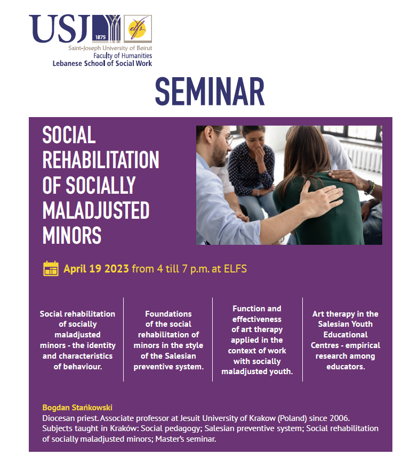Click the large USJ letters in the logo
click(60, 29)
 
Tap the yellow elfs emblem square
click(138, 29)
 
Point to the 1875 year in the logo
click(101, 37)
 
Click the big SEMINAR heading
click(210, 92)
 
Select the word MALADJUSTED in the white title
click(96, 210)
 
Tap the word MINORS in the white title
click(72, 235)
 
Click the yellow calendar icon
click(51, 268)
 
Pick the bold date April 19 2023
click(96, 269)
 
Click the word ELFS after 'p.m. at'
click(235, 269)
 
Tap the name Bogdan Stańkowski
click(77, 408)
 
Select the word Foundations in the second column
click(168, 313)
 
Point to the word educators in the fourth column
click(344, 367)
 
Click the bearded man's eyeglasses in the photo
click(225, 136)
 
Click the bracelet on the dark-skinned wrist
click(371, 187)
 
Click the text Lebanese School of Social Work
click(102, 63)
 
